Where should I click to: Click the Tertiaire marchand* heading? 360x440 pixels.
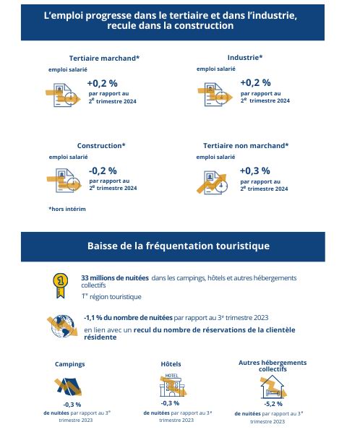pos(104,58)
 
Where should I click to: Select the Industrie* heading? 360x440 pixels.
pos(244,57)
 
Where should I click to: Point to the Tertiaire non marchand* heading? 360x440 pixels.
pos(246,145)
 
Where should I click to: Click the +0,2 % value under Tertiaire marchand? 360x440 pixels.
pos(102,83)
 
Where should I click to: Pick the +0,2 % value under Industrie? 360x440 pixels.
pos(254,82)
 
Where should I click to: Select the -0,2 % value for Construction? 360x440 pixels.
pos(103,171)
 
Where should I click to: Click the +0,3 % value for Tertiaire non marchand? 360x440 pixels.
pos(254,171)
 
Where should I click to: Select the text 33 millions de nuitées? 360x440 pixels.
pos(114,277)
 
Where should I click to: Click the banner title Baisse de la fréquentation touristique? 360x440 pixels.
pos(179,246)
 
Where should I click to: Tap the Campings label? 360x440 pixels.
pos(70,364)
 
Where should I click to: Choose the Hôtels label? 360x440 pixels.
pos(171,363)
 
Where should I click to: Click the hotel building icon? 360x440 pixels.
pos(171,385)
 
